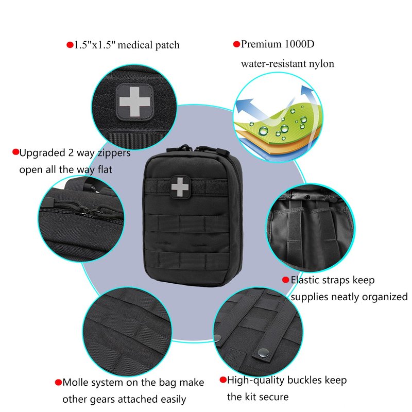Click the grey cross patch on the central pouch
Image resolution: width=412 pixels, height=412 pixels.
(180, 187)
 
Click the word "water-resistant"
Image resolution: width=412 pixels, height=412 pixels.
(273, 64)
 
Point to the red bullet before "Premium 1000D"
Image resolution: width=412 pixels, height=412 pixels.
(236, 44)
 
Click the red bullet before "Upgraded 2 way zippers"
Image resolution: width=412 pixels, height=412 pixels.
(16, 152)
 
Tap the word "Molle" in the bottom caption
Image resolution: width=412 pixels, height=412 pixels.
(75, 382)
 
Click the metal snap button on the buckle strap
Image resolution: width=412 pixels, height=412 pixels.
(263, 352)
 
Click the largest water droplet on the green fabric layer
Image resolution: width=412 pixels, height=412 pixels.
(263, 130)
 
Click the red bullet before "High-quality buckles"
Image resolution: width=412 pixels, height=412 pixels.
(223, 380)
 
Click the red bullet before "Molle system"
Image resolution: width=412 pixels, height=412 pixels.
(58, 382)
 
